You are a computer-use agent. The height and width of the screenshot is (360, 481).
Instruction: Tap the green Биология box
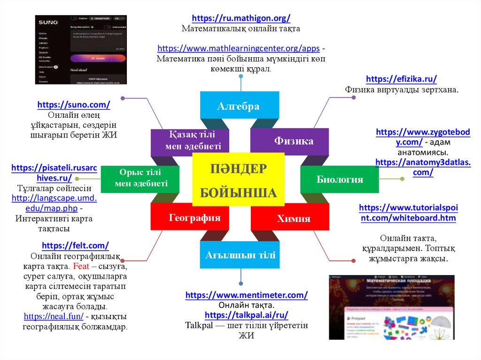[339, 179]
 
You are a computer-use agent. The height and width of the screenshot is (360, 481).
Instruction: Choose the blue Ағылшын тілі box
[240, 255]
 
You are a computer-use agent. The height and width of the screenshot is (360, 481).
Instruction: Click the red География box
[195, 218]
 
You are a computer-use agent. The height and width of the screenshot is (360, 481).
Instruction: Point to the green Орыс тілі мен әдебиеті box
[141, 179]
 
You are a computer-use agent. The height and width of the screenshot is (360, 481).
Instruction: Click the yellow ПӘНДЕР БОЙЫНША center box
[238, 179]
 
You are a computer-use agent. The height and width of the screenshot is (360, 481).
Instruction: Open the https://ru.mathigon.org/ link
[241, 18]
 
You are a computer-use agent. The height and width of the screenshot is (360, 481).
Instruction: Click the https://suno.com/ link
[74, 105]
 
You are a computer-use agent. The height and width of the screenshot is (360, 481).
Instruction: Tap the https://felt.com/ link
[76, 245]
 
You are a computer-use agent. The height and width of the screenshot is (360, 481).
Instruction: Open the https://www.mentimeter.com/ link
[247, 295]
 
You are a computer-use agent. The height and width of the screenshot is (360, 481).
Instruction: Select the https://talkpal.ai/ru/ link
[247, 315]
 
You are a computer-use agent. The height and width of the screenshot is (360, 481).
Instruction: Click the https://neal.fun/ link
[54, 316]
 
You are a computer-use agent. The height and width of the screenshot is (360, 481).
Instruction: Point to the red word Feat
[78, 266]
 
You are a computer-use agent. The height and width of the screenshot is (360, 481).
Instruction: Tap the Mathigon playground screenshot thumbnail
[391, 307]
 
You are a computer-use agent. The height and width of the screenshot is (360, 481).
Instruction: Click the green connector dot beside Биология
[402, 178]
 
